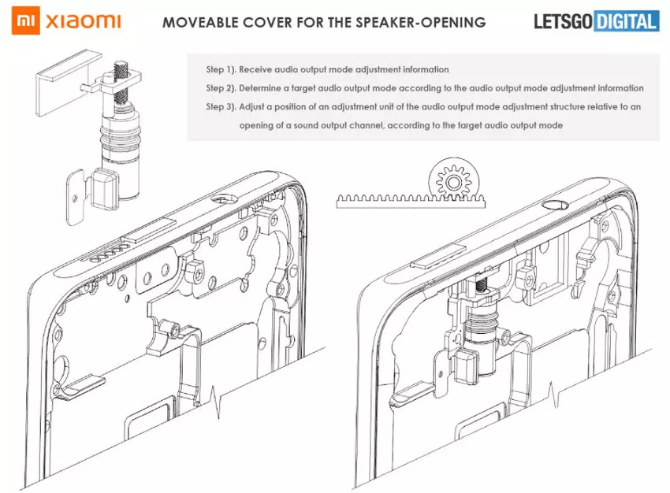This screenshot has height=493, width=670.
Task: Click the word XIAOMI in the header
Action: point(83,20)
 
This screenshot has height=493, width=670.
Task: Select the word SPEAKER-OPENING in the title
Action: point(427,22)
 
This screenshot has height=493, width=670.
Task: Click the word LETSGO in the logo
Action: point(555,20)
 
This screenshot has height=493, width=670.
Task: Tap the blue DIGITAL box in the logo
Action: point(625,20)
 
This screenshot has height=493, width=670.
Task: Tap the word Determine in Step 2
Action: point(270,88)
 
